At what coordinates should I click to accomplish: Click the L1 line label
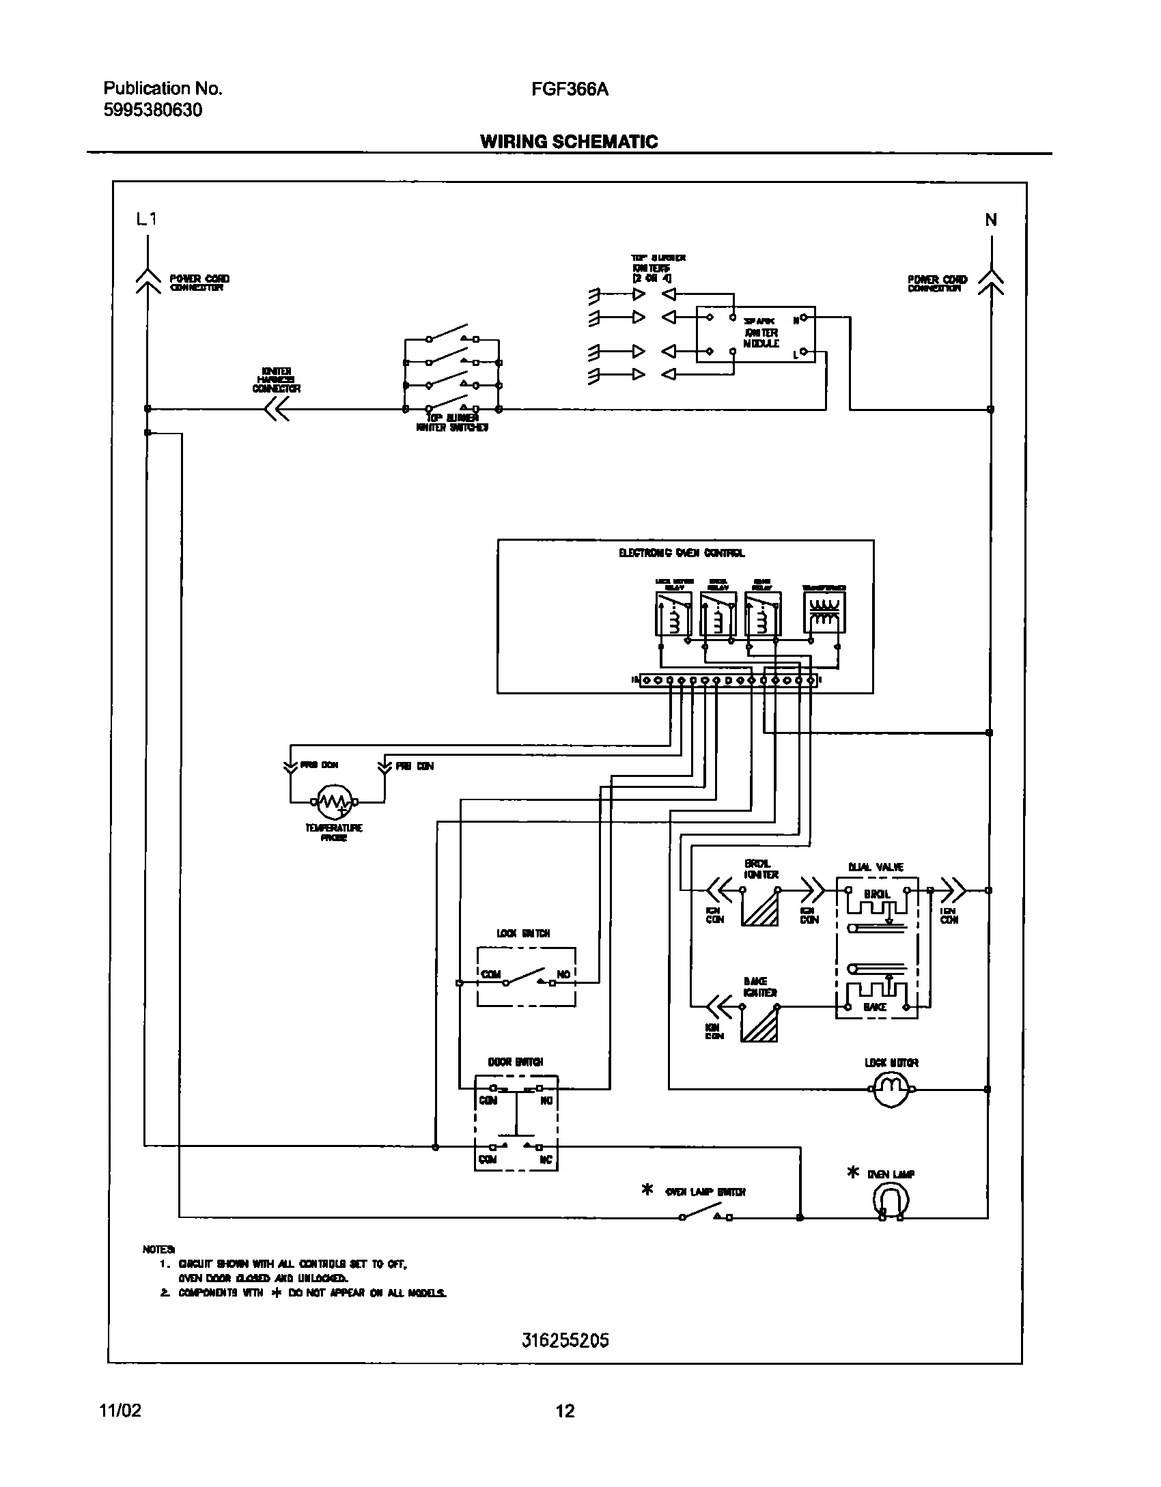pos(147,219)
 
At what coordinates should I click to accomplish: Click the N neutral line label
pos(990,220)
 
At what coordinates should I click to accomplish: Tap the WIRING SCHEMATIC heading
pos(569,141)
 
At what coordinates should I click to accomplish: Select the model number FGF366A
pos(570,89)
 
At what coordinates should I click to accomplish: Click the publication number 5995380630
pos(153,110)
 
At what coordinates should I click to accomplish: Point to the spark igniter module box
pos(755,334)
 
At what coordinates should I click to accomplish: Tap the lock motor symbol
pos(891,1090)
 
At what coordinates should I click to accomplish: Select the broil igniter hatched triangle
pos(760,908)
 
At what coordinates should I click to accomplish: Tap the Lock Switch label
pos(524,933)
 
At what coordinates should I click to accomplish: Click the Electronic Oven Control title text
pos(682,553)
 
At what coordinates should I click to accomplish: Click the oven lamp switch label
pos(705,1192)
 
